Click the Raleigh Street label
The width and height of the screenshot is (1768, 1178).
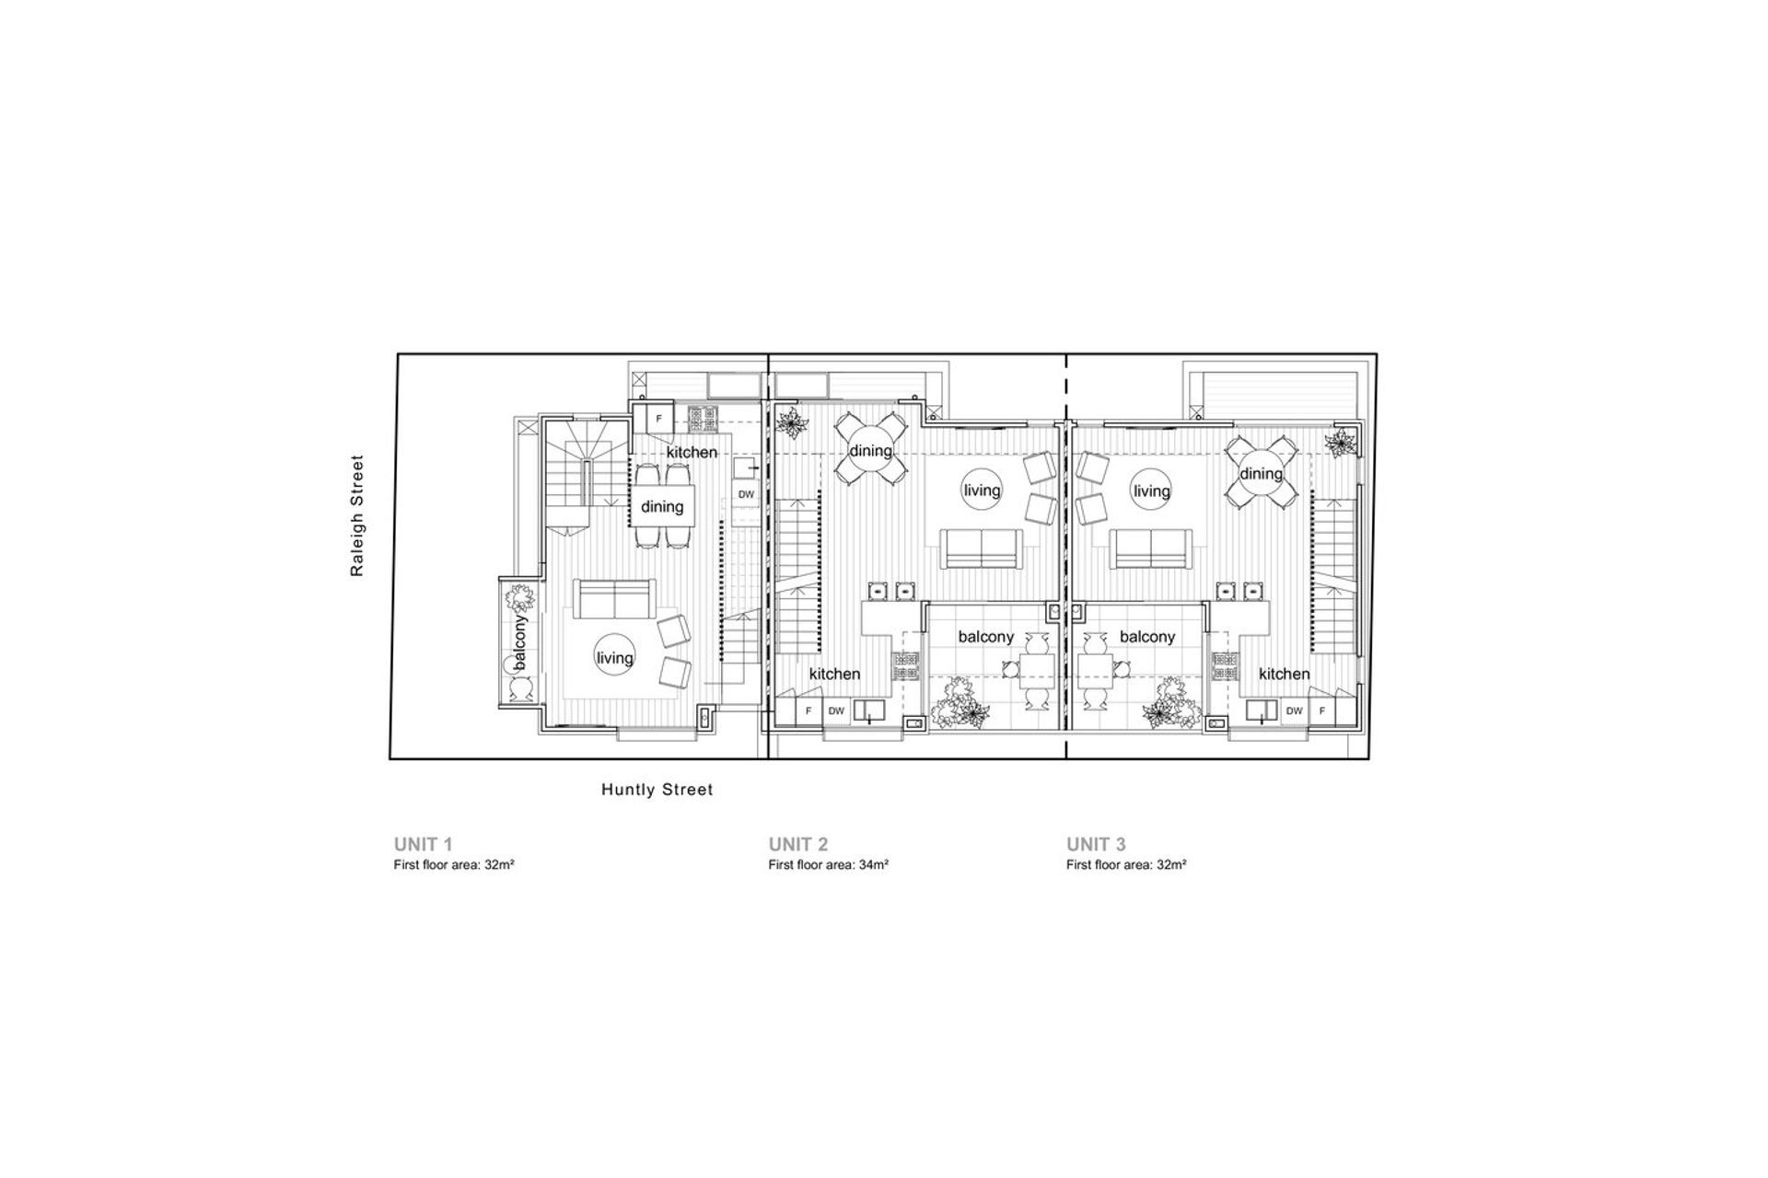[357, 516]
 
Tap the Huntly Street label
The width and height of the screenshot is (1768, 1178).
[657, 790]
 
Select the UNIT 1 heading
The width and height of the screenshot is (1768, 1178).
[423, 844]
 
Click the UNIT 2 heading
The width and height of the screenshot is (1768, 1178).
[798, 844]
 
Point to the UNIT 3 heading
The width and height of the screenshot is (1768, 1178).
[1096, 844]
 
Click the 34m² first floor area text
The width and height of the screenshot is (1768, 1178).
[829, 865]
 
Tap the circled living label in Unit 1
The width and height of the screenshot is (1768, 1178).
[614, 658]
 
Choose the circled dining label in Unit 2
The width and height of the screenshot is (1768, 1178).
[870, 451]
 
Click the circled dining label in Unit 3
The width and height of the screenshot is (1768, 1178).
[1261, 474]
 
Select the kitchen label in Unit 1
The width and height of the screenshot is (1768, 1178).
[692, 453]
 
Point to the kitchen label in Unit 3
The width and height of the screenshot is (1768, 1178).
[1284, 674]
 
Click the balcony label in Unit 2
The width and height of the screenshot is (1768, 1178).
[985, 637]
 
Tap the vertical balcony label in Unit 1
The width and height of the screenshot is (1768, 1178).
[520, 642]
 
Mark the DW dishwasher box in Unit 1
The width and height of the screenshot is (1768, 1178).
[746, 494]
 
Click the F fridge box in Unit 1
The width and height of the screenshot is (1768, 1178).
[658, 419]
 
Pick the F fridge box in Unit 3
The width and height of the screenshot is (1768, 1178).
[1322, 710]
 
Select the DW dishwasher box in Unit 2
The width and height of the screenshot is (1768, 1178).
[836, 710]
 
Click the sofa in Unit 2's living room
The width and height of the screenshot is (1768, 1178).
[981, 549]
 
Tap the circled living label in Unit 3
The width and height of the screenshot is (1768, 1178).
[1151, 491]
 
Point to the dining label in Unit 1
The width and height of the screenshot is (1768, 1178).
[662, 507]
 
